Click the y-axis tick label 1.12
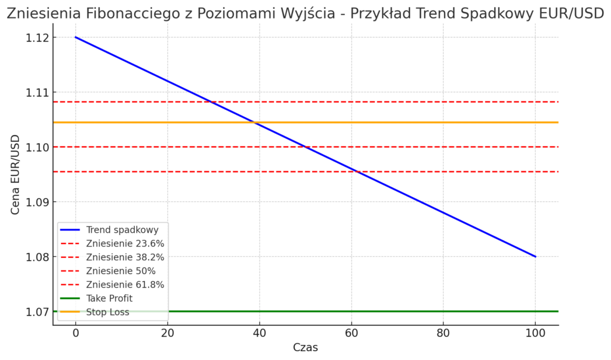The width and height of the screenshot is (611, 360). pos(37,38)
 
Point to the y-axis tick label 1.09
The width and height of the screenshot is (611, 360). pos(37,202)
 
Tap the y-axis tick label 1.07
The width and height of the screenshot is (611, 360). pos(37,312)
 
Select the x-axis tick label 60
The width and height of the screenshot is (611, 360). pos(351,332)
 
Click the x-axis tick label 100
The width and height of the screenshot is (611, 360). pos(535,332)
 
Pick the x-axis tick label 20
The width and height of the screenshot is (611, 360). pos(167,332)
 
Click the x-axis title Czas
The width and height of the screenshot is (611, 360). pos(305,347)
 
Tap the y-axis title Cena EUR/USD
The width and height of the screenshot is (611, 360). pos(16,174)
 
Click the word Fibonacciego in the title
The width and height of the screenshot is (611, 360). pos(134,13)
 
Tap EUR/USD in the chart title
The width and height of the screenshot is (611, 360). pos(570,13)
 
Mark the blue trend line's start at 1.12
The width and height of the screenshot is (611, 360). pos(76,37)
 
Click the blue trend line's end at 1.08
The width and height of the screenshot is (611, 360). pos(535,257)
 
